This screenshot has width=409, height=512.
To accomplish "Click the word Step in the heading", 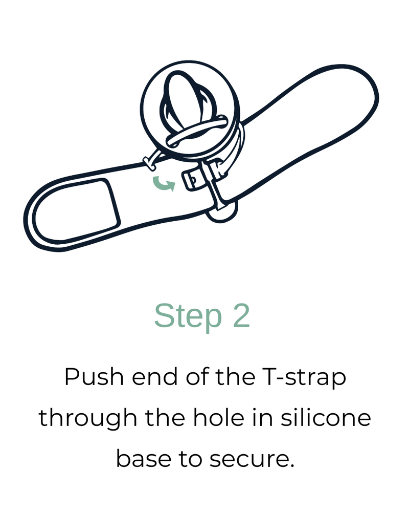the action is coord(188,316).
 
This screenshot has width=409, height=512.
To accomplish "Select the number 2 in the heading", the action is coord(241,315).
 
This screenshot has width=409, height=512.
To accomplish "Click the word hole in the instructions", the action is coord(218,417).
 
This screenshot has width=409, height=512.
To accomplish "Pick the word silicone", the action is coord(326,417).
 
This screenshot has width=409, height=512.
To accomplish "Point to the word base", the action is coord(144,458).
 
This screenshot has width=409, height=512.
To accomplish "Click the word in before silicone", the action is coord(262,417).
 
